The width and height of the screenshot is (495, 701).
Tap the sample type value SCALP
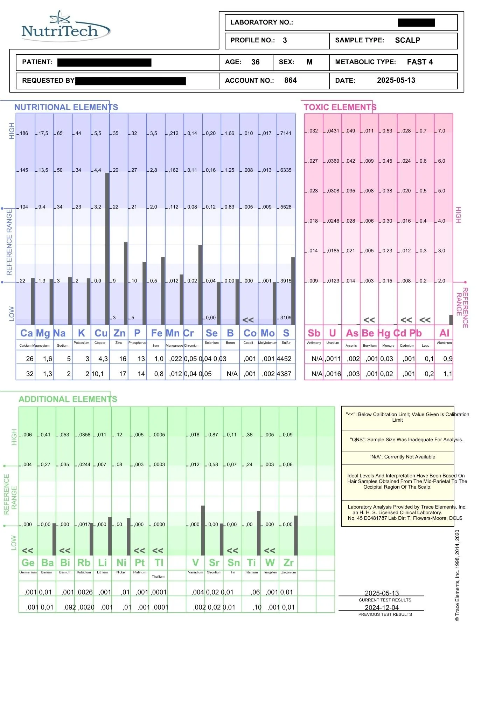pyautogui.click(x=407, y=40)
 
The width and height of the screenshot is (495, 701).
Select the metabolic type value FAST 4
pyautogui.click(x=420, y=62)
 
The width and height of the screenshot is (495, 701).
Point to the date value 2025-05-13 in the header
pyautogui.click(x=396, y=80)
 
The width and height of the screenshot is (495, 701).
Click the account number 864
pyautogui.click(x=290, y=80)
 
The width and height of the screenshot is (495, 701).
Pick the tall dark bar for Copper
pyautogui.click(x=107, y=249)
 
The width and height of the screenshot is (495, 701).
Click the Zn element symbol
pyautogui.click(x=119, y=333)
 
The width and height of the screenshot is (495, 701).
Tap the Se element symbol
pyautogui.click(x=211, y=333)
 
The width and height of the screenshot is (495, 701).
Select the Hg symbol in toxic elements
pyautogui.click(x=384, y=333)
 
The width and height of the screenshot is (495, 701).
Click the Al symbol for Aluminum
pyautogui.click(x=444, y=333)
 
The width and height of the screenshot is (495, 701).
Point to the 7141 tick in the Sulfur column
pyautogui.click(x=286, y=133)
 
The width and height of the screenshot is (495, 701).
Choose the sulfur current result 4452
pyautogui.click(x=284, y=359)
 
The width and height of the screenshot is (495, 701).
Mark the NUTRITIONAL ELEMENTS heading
pyautogui.click(x=66, y=107)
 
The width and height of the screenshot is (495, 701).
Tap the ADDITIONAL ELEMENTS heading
pyautogui.click(x=68, y=399)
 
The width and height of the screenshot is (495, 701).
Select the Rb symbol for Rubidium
pyautogui.click(x=84, y=563)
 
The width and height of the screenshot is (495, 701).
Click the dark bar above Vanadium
pyautogui.click(x=203, y=530)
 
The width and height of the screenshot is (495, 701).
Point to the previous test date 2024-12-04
pyautogui.click(x=382, y=607)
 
